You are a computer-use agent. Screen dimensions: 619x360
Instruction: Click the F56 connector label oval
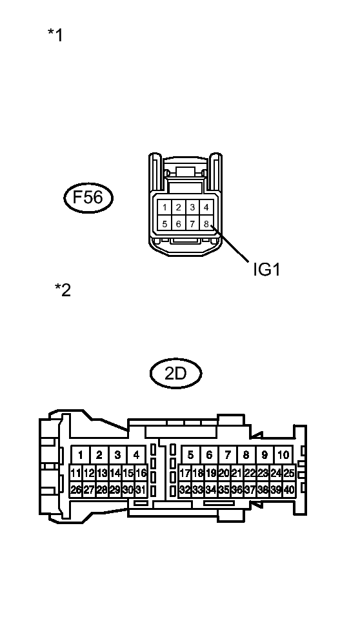pos(88,198)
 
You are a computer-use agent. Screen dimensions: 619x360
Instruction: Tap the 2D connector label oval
pos(175,373)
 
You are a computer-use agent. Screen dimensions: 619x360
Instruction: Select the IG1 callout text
pos(266,269)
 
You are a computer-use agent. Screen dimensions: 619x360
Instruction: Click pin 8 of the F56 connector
pos(206,224)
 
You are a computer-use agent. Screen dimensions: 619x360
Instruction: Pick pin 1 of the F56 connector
pos(165,207)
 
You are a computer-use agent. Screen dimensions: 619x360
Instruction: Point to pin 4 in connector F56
pos(206,207)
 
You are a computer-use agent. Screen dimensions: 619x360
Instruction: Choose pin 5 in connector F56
pos(165,224)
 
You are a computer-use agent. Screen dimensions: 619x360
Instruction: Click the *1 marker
pos(55,35)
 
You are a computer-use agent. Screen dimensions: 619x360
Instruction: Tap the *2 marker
pos(63,290)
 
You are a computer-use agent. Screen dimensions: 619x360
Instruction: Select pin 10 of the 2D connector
pos(283,455)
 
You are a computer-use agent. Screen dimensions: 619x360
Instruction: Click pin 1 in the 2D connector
pos(81,455)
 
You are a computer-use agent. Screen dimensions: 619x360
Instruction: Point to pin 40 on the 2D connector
pos(289,490)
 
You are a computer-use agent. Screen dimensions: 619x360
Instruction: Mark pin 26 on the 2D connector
pos(76,490)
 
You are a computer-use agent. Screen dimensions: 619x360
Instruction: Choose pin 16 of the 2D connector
pos(141,473)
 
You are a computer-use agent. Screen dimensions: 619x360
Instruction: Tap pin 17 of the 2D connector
pos(185,473)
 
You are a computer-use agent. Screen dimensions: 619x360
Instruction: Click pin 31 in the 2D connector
pos(141,490)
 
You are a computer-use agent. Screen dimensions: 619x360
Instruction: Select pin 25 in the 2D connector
pos(289,473)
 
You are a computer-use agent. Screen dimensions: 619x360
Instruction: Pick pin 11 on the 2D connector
pos(76,473)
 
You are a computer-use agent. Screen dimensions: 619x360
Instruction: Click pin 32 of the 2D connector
pos(185,490)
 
